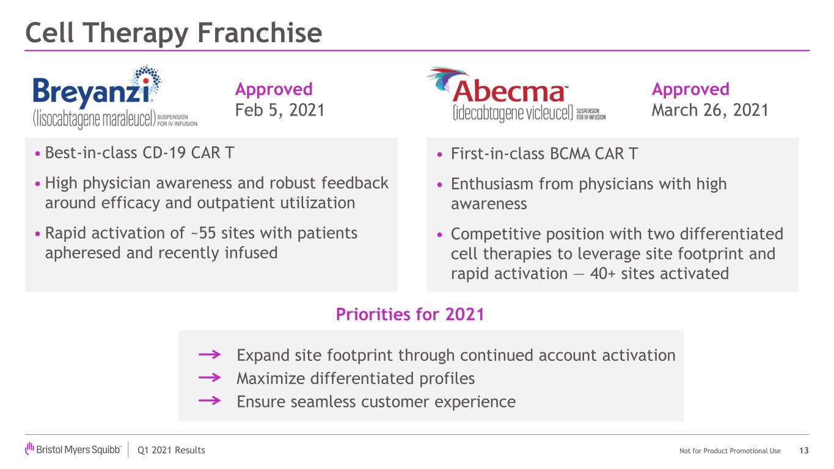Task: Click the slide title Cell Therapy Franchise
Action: [x=174, y=33]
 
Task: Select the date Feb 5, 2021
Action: [x=280, y=110]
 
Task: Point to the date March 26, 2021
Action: [x=710, y=110]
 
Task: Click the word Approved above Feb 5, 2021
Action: [x=274, y=90]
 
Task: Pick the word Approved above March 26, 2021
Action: [x=690, y=90]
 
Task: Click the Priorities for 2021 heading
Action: [x=410, y=314]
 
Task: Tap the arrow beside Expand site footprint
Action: [x=210, y=354]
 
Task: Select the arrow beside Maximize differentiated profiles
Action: [x=210, y=378]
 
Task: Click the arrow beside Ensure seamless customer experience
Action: [x=210, y=401]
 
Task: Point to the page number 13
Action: [x=804, y=451]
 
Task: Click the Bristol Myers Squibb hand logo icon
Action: [x=30, y=448]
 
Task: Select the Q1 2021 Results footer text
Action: [x=171, y=451]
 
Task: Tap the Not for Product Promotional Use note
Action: [x=730, y=451]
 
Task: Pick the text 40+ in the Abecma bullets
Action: [x=602, y=274]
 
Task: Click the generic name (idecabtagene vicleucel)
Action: [x=513, y=113]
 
